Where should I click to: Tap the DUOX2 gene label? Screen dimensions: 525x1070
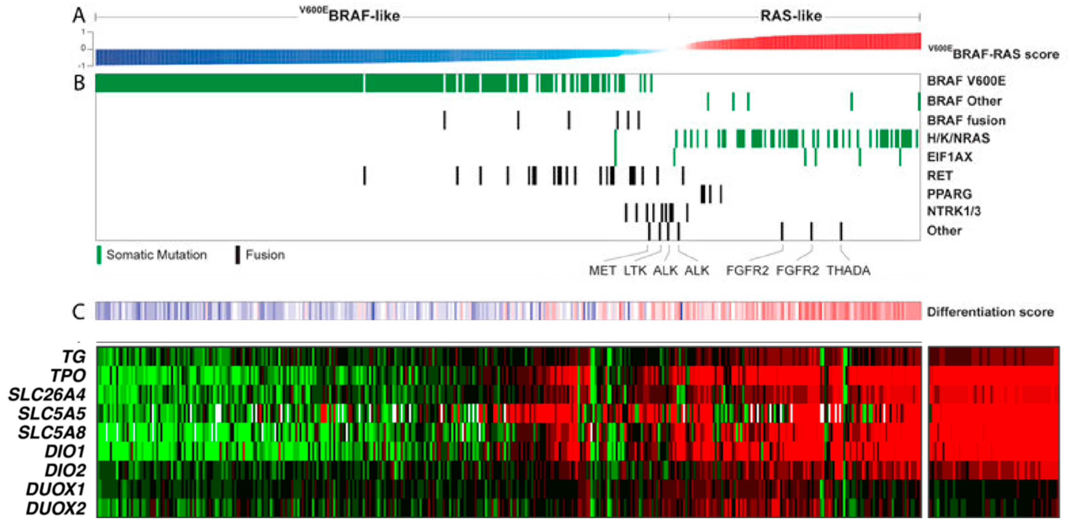point(56,508)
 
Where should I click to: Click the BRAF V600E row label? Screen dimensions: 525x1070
point(966,81)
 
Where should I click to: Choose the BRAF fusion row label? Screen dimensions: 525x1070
point(966,121)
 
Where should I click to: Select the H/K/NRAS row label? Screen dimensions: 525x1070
point(958,138)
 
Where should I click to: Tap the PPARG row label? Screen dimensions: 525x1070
point(949,194)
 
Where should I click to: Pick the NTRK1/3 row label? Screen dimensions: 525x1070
point(954,211)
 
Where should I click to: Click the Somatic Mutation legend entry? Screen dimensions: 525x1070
point(156,255)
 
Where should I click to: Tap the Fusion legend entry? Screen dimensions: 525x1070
point(265,255)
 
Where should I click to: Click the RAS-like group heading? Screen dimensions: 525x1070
point(791,16)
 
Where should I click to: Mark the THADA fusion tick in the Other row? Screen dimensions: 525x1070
point(841,231)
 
